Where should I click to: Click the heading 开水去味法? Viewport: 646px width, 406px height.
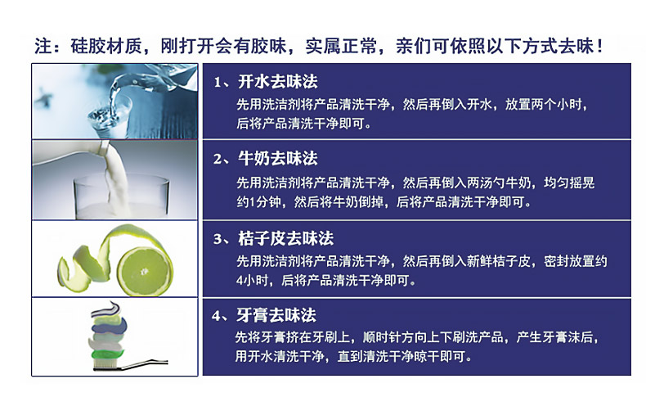tap(278, 82)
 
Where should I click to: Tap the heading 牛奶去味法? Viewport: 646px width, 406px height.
tap(278, 159)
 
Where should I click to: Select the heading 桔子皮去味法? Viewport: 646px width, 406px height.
tap(285, 238)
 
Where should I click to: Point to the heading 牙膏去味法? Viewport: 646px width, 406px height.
tap(276, 315)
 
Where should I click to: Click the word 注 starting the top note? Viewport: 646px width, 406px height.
tap(43, 46)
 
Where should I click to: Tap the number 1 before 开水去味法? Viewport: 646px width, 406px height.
tap(218, 83)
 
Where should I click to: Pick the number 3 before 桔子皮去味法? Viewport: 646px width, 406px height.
tap(218, 239)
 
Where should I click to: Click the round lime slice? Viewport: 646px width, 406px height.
tap(144, 271)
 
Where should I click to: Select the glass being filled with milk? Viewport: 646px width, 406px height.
tap(121, 197)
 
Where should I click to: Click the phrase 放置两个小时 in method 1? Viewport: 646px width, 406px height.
tap(544, 105)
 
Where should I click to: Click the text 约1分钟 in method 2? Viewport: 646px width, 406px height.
tap(258, 201)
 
